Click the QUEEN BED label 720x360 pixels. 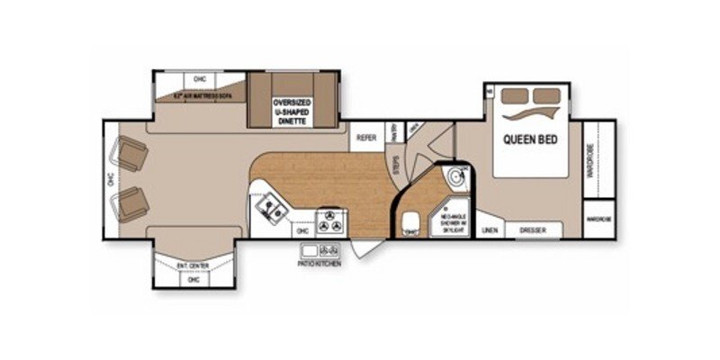pyautogui.click(x=528, y=139)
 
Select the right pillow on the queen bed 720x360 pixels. pyautogui.click(x=546, y=95)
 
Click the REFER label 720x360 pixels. pyautogui.click(x=365, y=138)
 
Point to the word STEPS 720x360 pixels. pyautogui.click(x=396, y=165)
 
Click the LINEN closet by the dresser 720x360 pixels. pyautogui.click(x=490, y=230)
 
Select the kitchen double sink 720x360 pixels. pyautogui.click(x=270, y=211)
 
